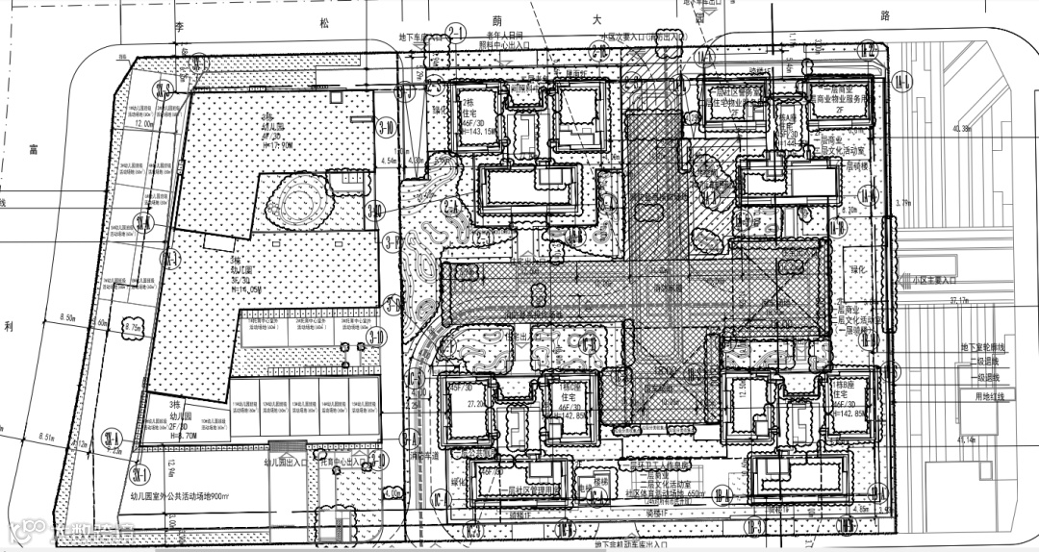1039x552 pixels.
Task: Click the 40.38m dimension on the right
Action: tap(961, 128)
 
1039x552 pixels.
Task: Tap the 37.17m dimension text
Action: tap(959, 301)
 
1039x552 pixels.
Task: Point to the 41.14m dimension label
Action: tap(961, 439)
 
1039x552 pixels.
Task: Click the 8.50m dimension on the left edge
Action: tap(68, 316)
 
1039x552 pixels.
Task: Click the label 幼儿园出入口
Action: tap(287, 463)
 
